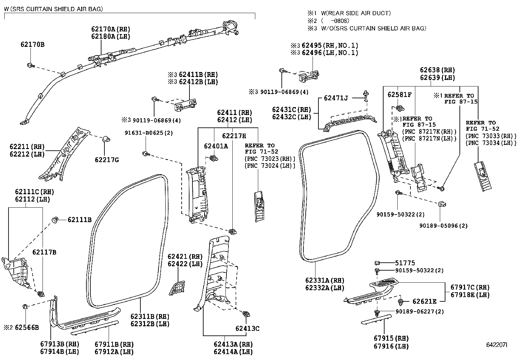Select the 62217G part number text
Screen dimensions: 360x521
tap(107, 160)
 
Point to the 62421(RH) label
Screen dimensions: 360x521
tap(185, 256)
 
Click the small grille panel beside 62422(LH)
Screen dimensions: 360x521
tap(177, 288)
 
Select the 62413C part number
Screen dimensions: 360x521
tap(247, 328)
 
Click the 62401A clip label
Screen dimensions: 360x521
tap(216, 146)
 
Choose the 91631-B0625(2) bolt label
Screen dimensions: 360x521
tap(149, 133)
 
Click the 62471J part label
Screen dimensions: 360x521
tap(336, 98)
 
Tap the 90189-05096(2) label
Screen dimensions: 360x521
tap(443, 226)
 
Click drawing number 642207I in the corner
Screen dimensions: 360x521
tap(496, 345)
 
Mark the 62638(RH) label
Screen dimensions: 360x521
tap(438, 70)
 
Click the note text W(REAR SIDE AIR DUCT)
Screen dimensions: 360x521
tap(356, 13)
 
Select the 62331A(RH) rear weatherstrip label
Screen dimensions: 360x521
tap(325, 280)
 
